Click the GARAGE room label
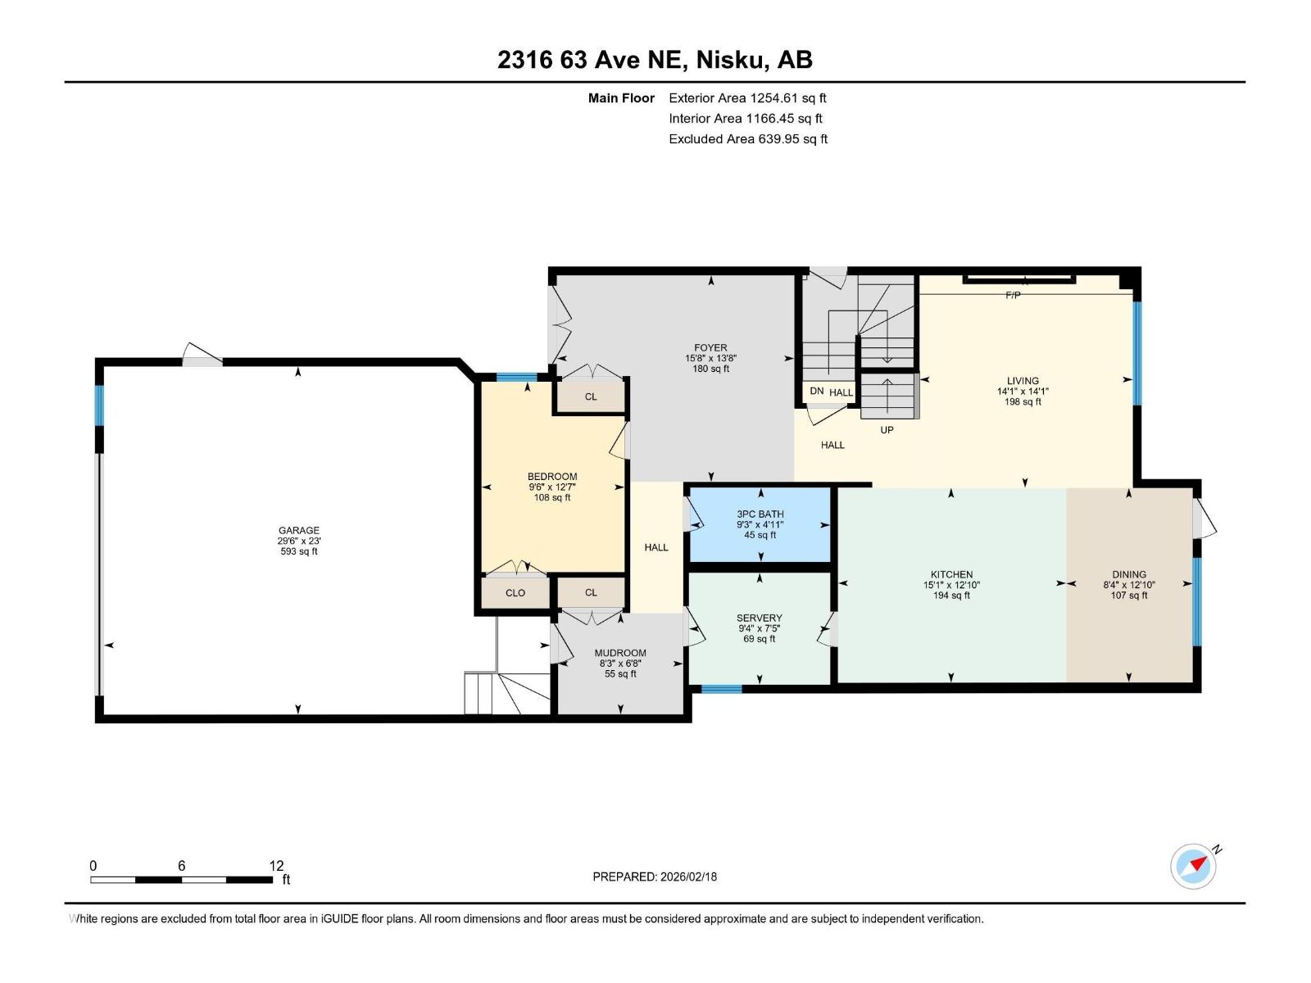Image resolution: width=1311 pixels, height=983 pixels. pos(298,530)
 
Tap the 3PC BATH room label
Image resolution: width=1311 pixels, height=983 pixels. pos(760,514)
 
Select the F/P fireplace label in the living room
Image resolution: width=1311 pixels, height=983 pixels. pos(1013,295)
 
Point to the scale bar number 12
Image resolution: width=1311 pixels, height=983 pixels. pos(276,865)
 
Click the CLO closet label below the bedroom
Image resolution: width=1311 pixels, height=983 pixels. pos(515,592)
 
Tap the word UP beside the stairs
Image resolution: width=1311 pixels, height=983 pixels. pos(887,430)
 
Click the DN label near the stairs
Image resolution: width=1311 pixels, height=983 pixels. pos(816,392)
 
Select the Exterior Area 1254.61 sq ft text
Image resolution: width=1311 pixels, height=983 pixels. pos(747,97)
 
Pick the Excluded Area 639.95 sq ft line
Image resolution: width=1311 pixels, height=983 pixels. pos(747,138)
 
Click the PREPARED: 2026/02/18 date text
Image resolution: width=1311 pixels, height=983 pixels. pos(655,877)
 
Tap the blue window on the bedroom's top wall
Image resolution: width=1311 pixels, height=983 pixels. pos(517,378)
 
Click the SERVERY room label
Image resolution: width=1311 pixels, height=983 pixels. pos(760,618)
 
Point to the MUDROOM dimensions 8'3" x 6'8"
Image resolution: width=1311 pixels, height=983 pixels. pos(620,664)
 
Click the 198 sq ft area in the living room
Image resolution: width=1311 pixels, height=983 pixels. pos(1023,402)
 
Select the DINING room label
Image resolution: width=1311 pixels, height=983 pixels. pos(1129,574)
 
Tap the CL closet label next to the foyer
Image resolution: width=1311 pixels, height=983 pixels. pos(591,396)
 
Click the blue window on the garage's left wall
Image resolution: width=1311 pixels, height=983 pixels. pos(99,405)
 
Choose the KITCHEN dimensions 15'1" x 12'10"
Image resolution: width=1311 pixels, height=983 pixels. pos(951,585)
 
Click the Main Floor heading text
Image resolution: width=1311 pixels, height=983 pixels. pos(621,97)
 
